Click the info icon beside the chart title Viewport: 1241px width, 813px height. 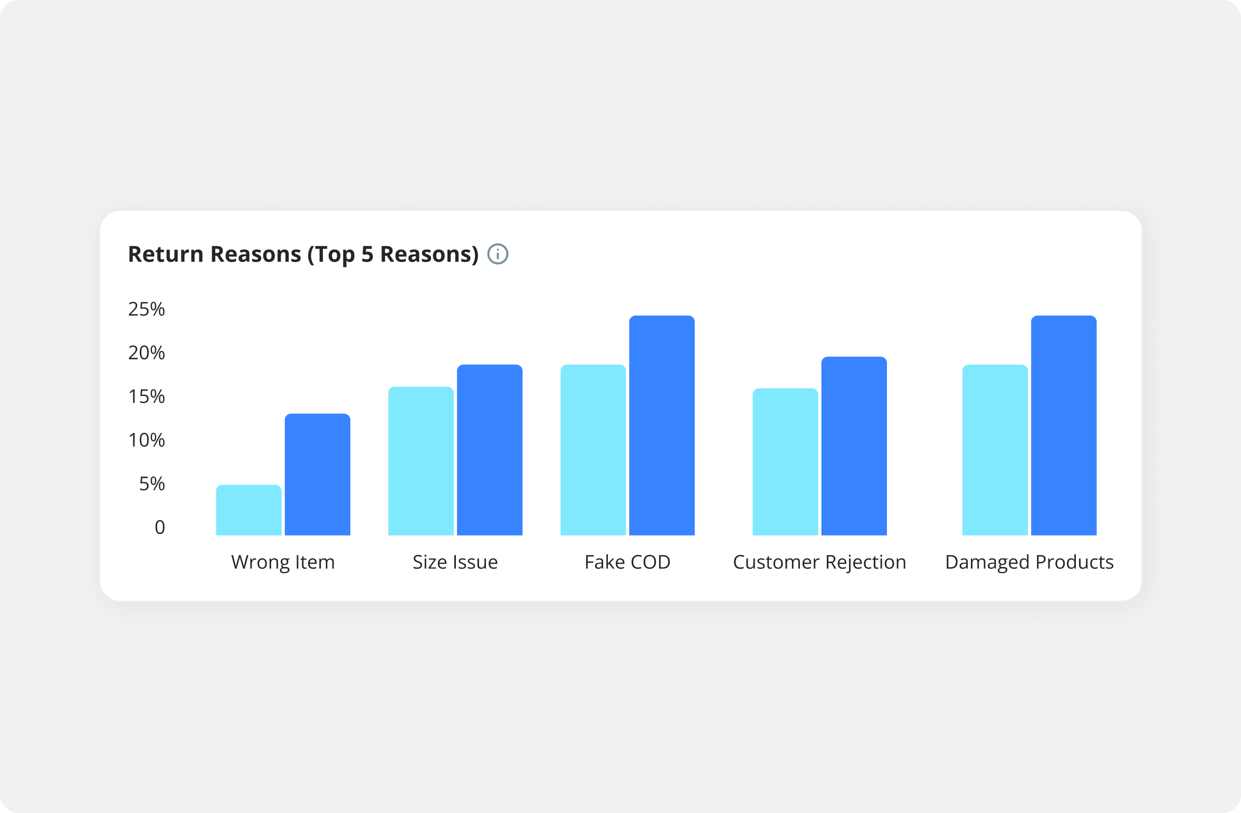[x=498, y=254]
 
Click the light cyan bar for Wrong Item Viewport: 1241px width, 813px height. [x=249, y=510]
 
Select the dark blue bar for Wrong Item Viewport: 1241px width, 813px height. [x=318, y=475]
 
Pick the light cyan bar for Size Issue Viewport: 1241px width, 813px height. [x=421, y=461]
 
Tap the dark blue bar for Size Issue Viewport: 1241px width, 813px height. [x=490, y=450]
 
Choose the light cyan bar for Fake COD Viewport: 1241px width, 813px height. [x=593, y=450]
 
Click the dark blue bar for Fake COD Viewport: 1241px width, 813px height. [x=662, y=425]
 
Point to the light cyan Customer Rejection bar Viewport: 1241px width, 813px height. [x=785, y=462]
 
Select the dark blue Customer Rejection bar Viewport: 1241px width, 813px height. [x=854, y=446]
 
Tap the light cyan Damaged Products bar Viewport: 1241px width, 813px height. [x=995, y=450]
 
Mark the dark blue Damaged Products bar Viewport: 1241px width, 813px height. [x=1064, y=425]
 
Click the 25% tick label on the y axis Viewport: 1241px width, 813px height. [x=147, y=309]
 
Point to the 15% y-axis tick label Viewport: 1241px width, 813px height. [x=147, y=396]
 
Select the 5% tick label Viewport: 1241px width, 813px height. [x=152, y=483]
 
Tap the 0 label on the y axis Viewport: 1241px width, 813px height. [x=160, y=527]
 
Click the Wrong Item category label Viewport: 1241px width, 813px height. [x=283, y=562]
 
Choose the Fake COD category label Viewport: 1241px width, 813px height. [x=627, y=562]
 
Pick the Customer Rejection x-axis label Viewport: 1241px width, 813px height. [x=819, y=563]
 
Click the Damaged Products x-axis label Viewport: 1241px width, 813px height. [x=1029, y=563]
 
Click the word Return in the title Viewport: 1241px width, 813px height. [x=166, y=254]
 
